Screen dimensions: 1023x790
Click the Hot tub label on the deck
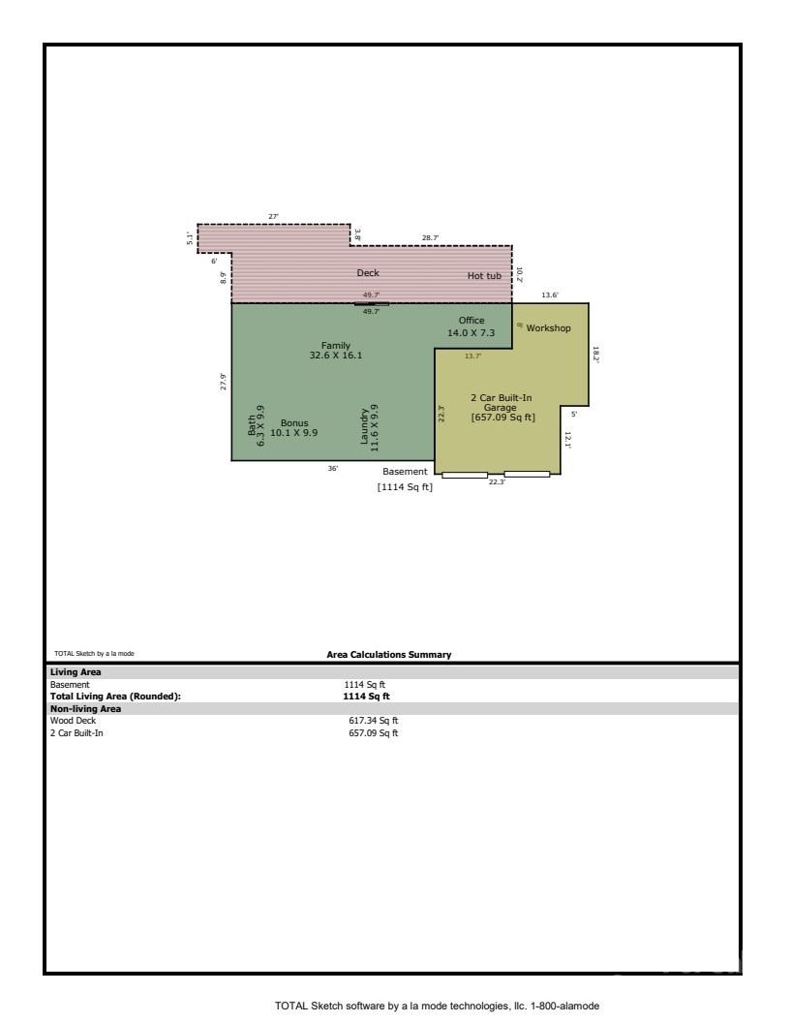tap(484, 276)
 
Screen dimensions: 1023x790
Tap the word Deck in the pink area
tap(368, 273)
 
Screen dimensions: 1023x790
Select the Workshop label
tap(548, 328)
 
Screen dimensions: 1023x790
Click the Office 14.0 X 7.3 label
tap(471, 327)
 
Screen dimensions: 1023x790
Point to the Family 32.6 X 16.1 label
tap(336, 351)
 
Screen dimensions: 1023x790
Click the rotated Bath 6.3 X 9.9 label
tap(256, 425)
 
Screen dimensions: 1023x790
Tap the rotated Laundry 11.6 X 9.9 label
tap(370, 425)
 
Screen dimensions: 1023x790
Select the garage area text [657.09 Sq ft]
tap(502, 418)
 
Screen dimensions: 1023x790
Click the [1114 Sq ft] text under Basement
tap(405, 487)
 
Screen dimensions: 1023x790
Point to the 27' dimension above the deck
tap(273, 216)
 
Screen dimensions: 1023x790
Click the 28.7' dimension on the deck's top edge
tap(430, 237)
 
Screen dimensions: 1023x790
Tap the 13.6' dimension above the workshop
tap(549, 294)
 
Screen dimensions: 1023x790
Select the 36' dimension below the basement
tap(332, 469)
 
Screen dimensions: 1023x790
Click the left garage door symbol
tap(465, 475)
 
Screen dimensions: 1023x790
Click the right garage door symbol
tap(527, 474)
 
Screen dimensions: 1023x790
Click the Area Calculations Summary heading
tap(389, 655)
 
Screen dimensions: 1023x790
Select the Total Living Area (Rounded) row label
tap(115, 696)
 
